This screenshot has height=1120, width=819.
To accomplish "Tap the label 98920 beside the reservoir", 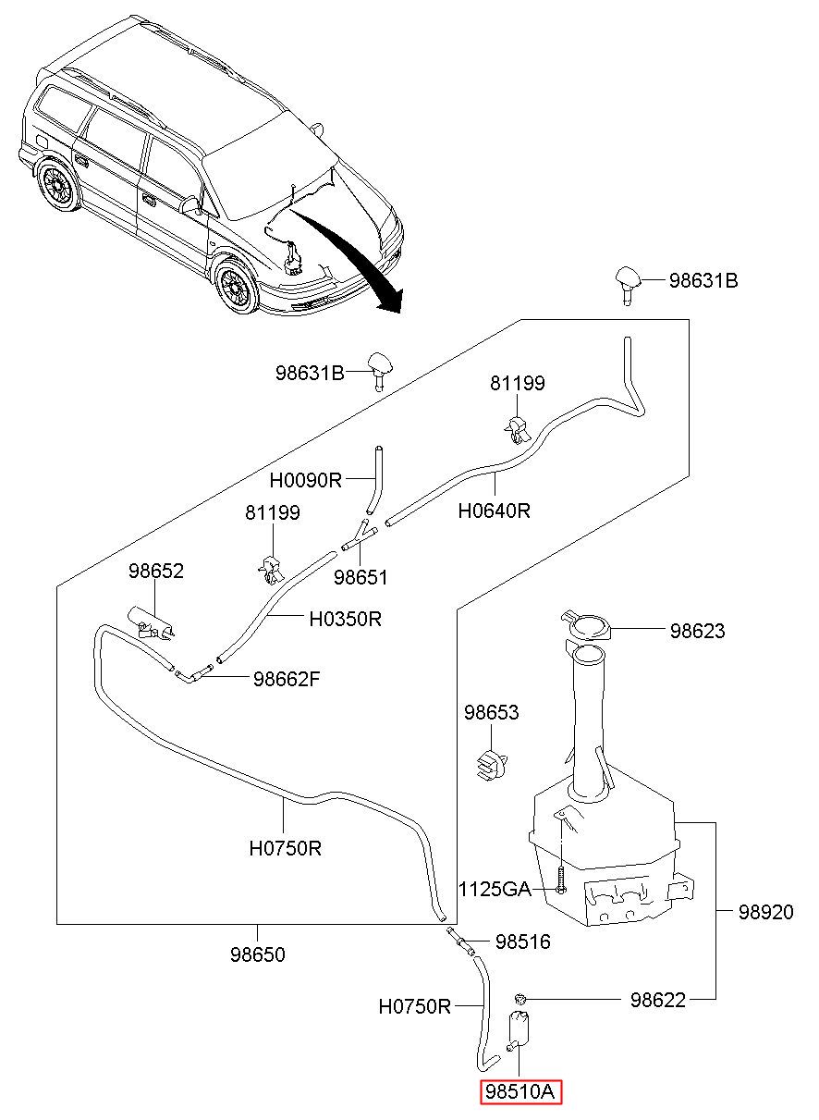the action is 765,913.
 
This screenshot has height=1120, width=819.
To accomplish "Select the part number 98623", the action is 697,631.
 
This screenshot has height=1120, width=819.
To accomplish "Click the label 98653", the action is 491,712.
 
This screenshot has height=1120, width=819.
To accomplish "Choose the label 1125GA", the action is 495,889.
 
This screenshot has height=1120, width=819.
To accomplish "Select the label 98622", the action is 657,1000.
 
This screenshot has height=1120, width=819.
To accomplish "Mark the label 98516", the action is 522,942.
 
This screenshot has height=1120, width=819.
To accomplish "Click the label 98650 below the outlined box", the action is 258,954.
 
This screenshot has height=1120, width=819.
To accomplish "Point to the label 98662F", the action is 287,679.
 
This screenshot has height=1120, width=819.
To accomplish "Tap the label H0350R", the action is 346,619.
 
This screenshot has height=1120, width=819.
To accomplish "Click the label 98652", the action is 156,571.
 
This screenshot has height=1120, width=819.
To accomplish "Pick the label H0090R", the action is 305,480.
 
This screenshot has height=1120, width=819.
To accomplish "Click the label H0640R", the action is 495,511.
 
